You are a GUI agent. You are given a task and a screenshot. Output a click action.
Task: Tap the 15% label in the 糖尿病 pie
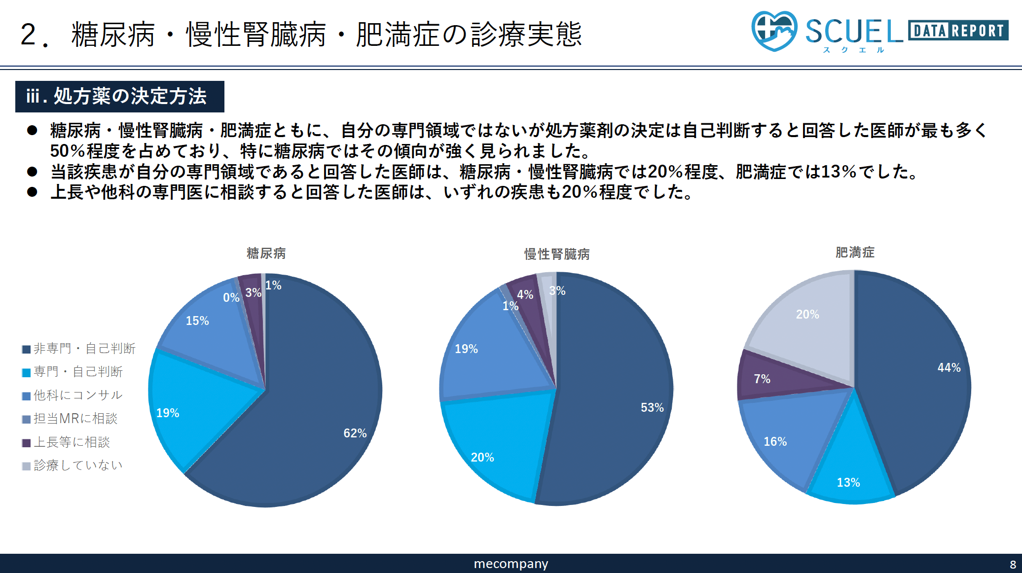pos(197,321)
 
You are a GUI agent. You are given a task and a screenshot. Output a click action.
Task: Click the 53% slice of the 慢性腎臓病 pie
pos(621,394)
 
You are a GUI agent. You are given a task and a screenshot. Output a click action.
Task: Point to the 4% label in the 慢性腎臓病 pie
pos(525,294)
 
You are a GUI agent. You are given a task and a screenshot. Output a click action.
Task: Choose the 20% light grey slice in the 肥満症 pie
pos(809,325)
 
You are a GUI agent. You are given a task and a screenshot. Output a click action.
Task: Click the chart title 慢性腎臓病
pos(556,254)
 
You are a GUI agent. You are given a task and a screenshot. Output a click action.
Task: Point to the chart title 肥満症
pos(854,252)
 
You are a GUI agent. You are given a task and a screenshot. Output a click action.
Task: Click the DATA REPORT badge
pos(957,31)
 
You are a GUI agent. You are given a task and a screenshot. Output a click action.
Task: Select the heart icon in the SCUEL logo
pos(773,31)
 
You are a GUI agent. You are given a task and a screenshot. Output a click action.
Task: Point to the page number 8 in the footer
pos(1013,564)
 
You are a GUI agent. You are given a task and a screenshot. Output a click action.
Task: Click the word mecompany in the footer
pos(511,564)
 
